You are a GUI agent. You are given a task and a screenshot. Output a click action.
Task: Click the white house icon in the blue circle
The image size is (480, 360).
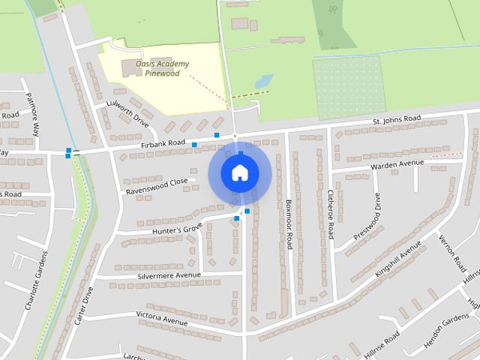click(238, 172)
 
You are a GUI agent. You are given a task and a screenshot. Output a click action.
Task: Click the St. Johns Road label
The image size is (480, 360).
click(397, 120)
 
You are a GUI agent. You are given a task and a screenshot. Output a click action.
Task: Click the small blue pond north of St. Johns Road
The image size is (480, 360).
click(263, 80)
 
